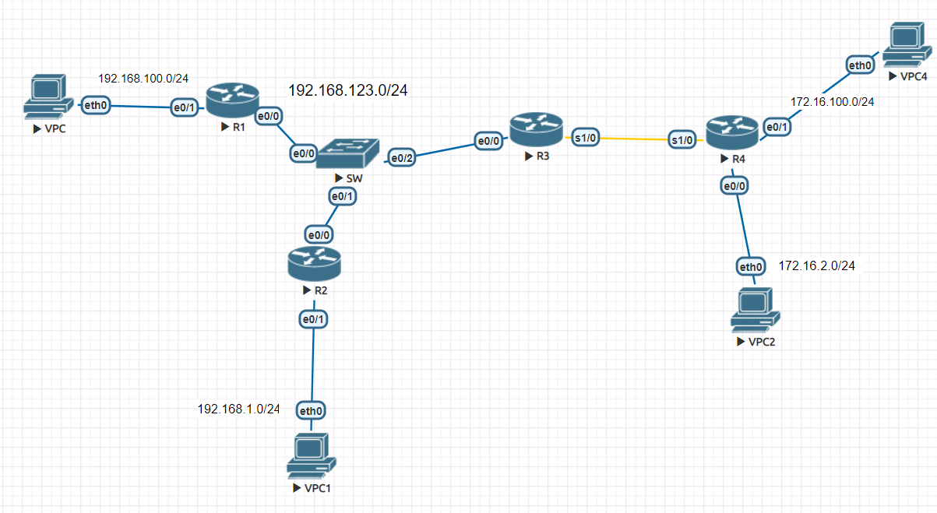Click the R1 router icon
pyautogui.click(x=232, y=100)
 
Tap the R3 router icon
pyautogui.click(x=536, y=129)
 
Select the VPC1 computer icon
pyautogui.click(x=311, y=456)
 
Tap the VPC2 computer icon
pyautogui.click(x=756, y=310)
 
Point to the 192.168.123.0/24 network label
pyautogui.click(x=348, y=90)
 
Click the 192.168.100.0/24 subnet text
pyautogui.click(x=144, y=79)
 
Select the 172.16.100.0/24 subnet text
pyautogui.click(x=833, y=101)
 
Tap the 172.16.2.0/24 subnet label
pyautogui.click(x=817, y=266)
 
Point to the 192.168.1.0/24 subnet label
pyautogui.click(x=238, y=409)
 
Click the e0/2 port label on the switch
pyautogui.click(x=402, y=158)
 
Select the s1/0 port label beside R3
pyautogui.click(x=585, y=138)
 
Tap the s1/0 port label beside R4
pyautogui.click(x=682, y=140)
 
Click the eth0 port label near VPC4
pyautogui.click(x=860, y=65)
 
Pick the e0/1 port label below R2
pyautogui.click(x=313, y=318)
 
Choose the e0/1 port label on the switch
pyautogui.click(x=343, y=197)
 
